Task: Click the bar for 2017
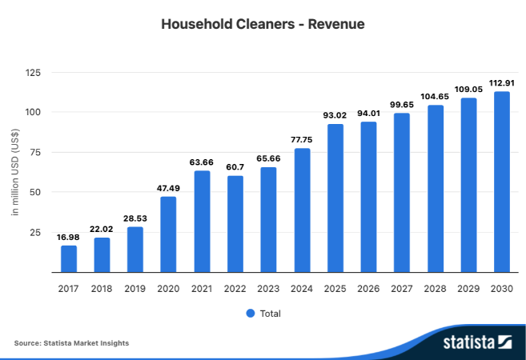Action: [69, 258]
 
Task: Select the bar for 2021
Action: [202, 222]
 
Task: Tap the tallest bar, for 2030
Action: [501, 182]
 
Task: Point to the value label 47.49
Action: [168, 189]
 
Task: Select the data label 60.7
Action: [235, 167]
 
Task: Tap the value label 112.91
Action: [501, 83]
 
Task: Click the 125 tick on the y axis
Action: [33, 73]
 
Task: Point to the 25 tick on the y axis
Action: [35, 233]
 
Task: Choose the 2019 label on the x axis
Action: [135, 288]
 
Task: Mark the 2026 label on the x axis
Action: [368, 288]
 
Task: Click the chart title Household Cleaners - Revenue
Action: [263, 24]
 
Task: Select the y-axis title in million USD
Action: [15, 172]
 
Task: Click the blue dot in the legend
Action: [251, 314]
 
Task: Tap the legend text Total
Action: [271, 314]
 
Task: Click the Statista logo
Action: [477, 343]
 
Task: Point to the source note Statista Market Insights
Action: [71, 343]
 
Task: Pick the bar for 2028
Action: [435, 189]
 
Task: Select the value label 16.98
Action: [69, 237]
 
